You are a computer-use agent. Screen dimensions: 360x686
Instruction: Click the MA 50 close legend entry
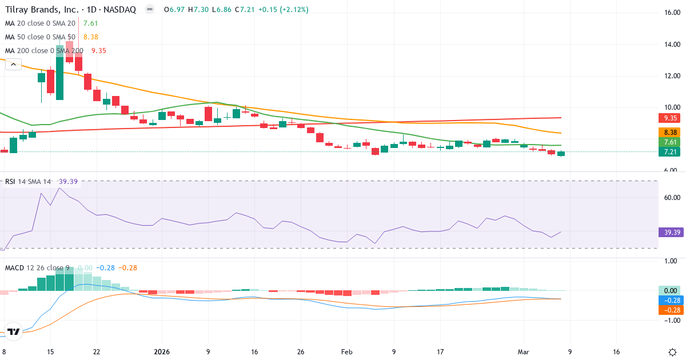coord(40,37)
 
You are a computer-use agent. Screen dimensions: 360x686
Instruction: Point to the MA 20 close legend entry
coord(40,23)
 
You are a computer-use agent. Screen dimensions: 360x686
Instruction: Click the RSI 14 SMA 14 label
coord(28,182)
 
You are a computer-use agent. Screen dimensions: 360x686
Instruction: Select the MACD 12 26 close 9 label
coord(37,267)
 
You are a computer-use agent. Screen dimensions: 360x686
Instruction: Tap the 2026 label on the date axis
coord(161,352)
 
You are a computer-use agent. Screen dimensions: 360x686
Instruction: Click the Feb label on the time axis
coord(347,352)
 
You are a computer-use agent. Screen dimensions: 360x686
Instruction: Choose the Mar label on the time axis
coord(523,352)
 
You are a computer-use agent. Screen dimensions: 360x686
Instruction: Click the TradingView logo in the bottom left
coord(14,331)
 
